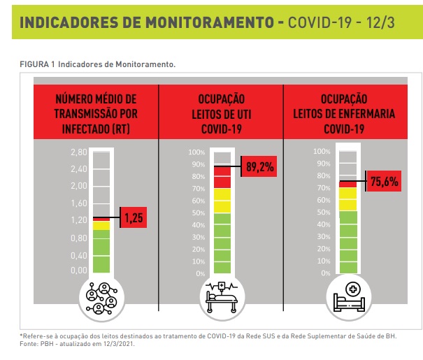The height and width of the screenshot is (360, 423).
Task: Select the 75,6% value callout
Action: coord(384,182)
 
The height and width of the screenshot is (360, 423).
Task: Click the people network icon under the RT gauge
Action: coord(102,296)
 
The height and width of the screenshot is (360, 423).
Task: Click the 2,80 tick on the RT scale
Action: coord(79,152)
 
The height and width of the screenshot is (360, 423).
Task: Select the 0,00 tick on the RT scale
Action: coord(79,271)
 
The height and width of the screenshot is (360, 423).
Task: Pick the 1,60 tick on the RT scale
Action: coord(79,203)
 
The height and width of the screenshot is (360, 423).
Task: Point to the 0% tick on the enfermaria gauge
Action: coord(324,273)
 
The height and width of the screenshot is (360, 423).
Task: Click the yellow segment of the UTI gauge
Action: coord(221,200)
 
